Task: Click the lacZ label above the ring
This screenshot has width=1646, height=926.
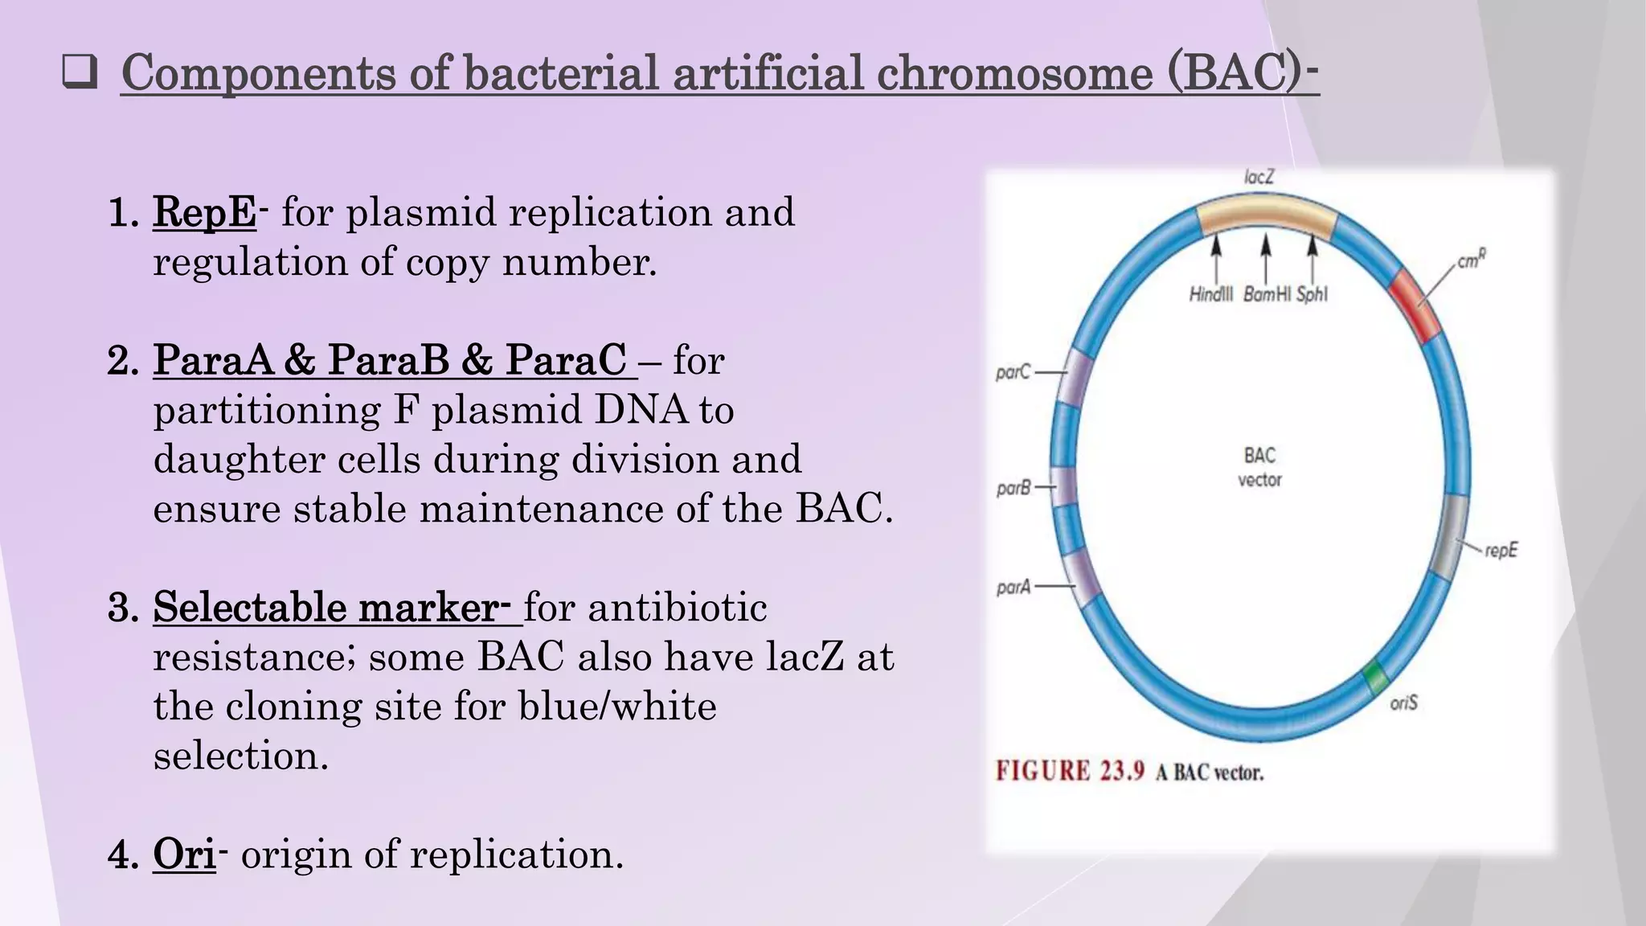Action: point(1259,177)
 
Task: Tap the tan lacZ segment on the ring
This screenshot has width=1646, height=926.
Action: point(1267,215)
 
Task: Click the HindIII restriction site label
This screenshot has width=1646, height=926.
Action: point(1210,295)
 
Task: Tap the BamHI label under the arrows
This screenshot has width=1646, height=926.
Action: point(1267,295)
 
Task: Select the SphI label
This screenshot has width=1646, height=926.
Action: point(1312,295)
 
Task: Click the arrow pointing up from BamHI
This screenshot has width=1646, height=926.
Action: point(1266,256)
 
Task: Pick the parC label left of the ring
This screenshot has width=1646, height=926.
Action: point(1012,372)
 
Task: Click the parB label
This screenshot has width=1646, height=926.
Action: point(1013,488)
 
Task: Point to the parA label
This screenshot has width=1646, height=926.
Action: point(1013,588)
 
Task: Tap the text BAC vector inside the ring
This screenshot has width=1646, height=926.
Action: point(1259,467)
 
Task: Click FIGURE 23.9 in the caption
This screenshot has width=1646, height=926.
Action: point(1069,772)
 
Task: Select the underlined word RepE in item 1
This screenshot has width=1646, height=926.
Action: point(205,213)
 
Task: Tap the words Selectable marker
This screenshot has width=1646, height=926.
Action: point(326,607)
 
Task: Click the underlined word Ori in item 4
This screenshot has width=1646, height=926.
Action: point(184,854)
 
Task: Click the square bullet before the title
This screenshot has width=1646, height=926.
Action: point(80,73)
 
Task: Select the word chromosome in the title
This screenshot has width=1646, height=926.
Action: point(1013,73)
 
